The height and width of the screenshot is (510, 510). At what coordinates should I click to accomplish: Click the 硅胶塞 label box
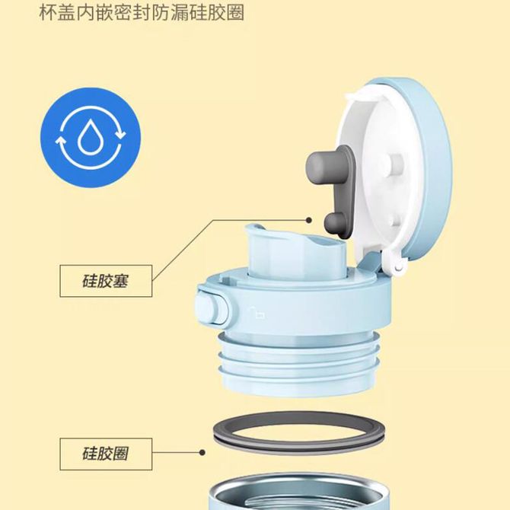(x=106, y=281)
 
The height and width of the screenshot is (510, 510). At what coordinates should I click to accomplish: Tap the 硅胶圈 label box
(x=106, y=454)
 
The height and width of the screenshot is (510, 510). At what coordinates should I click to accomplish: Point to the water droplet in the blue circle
(x=90, y=136)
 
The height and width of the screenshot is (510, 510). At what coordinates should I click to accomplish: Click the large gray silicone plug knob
(x=322, y=167)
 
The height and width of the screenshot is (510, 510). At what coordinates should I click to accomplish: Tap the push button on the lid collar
(x=212, y=308)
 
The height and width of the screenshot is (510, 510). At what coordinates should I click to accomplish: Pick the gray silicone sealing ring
(x=299, y=432)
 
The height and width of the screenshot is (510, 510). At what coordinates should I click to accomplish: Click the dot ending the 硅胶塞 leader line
(x=309, y=220)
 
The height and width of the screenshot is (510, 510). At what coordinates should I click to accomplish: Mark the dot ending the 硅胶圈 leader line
(x=202, y=452)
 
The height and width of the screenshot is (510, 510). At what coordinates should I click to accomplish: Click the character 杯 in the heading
(x=48, y=12)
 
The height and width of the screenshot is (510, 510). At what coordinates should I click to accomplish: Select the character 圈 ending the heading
(x=235, y=12)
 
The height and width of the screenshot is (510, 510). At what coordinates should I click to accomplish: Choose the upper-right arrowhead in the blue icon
(x=121, y=133)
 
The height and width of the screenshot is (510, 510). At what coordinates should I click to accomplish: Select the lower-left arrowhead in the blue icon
(x=60, y=141)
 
